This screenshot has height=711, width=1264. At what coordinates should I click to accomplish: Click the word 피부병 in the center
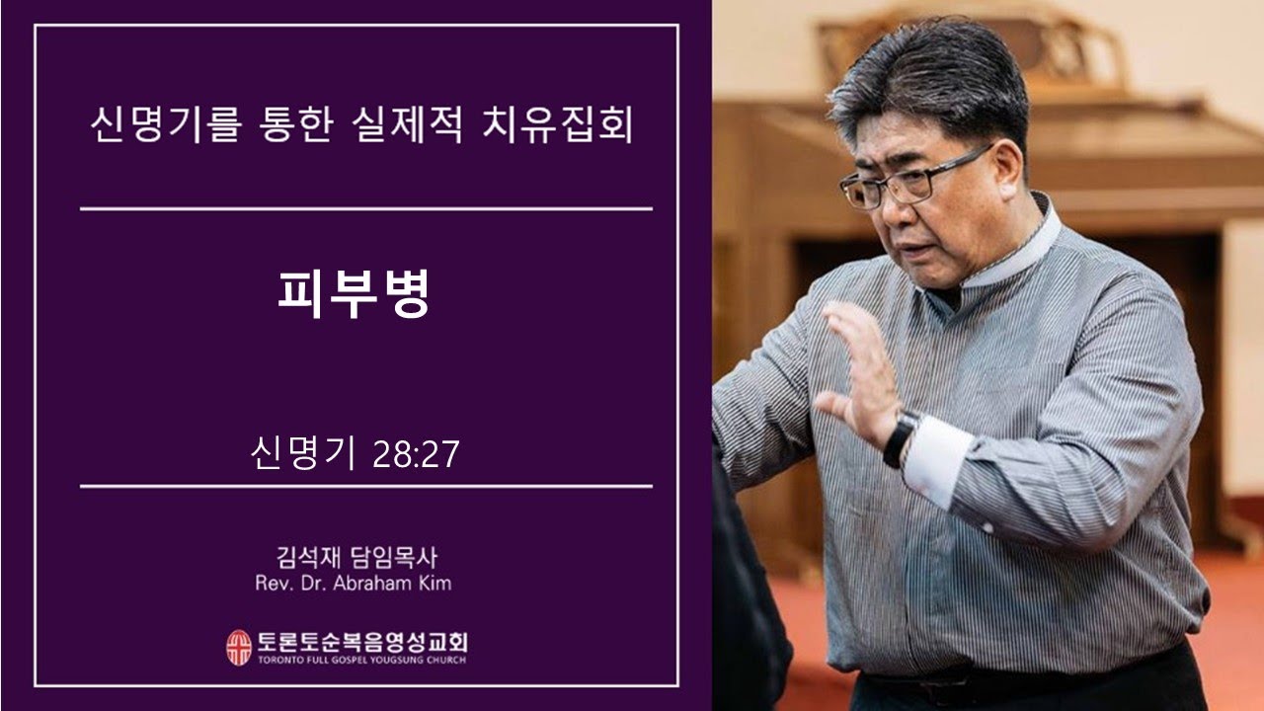(353, 293)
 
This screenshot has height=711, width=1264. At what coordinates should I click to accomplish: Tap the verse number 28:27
(416, 456)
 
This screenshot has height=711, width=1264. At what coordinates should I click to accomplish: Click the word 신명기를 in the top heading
(163, 127)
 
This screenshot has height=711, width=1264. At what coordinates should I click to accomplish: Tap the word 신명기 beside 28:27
(303, 456)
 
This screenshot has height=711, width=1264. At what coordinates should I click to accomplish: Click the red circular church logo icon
(239, 647)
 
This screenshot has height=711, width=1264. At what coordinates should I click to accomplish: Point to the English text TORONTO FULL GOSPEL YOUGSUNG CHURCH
(361, 660)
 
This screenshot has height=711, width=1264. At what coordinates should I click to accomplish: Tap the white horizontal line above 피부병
(365, 209)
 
